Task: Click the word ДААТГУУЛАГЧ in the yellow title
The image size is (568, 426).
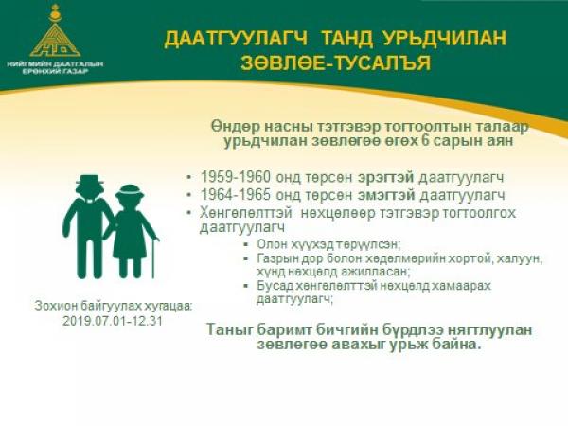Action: tap(236, 39)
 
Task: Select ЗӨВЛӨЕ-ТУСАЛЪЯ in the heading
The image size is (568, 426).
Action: tap(336, 63)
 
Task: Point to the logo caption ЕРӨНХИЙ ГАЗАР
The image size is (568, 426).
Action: tap(55, 71)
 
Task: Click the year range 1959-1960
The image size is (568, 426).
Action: tap(236, 178)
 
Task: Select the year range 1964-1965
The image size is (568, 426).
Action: tap(236, 195)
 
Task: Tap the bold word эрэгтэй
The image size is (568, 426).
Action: tap(386, 178)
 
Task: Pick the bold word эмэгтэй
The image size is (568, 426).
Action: tap(386, 196)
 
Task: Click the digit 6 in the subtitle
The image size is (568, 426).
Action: tap(425, 140)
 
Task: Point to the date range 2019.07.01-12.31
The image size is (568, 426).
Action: tap(113, 321)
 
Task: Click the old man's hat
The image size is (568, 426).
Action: tap(90, 181)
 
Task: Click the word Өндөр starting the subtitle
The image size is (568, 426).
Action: tap(236, 127)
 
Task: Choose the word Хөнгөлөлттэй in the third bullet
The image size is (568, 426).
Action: tap(246, 213)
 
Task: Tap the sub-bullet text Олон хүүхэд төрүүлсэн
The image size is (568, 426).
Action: tap(328, 244)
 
